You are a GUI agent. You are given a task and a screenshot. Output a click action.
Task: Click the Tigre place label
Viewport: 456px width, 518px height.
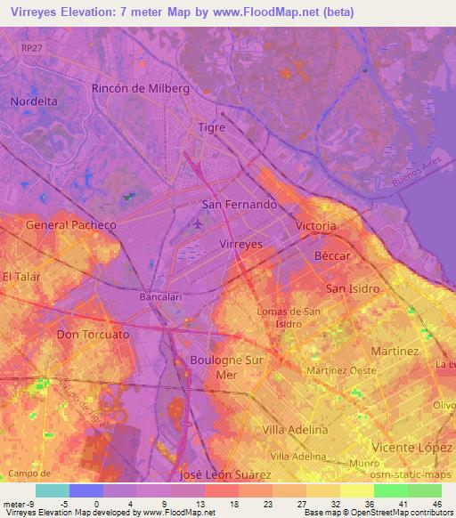pyautogui.click(x=211, y=127)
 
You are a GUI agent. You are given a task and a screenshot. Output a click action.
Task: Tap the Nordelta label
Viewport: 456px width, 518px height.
pyautogui.click(x=34, y=101)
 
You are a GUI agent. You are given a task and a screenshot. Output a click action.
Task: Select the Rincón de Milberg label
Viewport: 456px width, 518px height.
pyautogui.click(x=141, y=89)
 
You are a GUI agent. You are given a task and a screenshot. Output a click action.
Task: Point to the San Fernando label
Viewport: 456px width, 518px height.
pyautogui.click(x=240, y=204)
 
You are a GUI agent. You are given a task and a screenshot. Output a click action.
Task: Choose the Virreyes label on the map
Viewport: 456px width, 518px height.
pyautogui.click(x=240, y=242)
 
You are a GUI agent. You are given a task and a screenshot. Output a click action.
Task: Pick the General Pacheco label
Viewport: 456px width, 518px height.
pyautogui.click(x=71, y=225)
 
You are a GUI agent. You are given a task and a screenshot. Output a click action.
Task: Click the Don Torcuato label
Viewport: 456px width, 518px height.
pyautogui.click(x=93, y=335)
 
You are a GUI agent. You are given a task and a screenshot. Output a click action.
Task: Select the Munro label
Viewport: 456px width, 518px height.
pyautogui.click(x=362, y=465)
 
